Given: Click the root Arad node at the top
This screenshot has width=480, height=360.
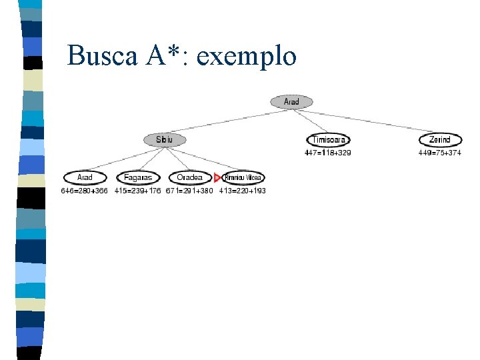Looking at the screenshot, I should coord(291,102).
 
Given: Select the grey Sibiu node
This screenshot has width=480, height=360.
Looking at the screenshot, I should coord(165,139).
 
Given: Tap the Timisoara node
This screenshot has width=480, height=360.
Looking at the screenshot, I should coord(329,139).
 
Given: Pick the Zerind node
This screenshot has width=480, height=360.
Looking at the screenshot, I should coord(440,139).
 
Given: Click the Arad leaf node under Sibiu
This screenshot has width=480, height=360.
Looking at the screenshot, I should coord(85,177).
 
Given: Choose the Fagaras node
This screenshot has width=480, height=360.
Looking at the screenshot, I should coord(138,177).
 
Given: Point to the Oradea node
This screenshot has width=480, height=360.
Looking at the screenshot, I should coord(190,177).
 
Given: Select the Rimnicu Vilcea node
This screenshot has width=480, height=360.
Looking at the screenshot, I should coord(243,177).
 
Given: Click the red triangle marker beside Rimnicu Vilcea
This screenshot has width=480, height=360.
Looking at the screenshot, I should coord(217,177).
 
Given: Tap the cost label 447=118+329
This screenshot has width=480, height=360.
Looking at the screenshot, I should coord(328,153).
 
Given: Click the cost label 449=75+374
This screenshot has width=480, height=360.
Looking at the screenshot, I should coord(440,153).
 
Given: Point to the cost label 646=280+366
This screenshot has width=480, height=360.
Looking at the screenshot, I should coord(84,191).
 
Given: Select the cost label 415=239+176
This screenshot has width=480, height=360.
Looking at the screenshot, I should coord(137,191).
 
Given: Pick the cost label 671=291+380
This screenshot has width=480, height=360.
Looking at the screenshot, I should coord(189,191).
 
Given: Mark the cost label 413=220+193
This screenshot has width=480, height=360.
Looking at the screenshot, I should coord(242,191).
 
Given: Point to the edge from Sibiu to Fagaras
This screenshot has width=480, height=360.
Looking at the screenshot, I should coord(151,159).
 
